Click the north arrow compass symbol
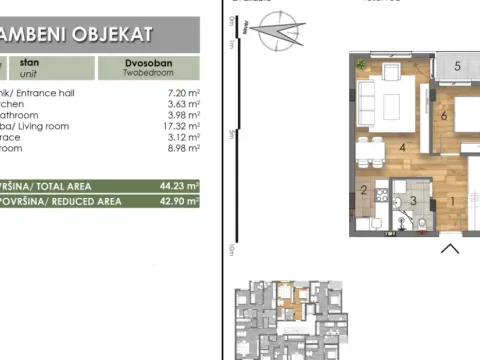click(x=277, y=35)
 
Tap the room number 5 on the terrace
click(x=456, y=67)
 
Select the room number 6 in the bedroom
click(x=443, y=115)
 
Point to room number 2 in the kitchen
click(x=364, y=190)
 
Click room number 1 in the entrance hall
click(x=451, y=201)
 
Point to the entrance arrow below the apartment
click(x=449, y=248)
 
